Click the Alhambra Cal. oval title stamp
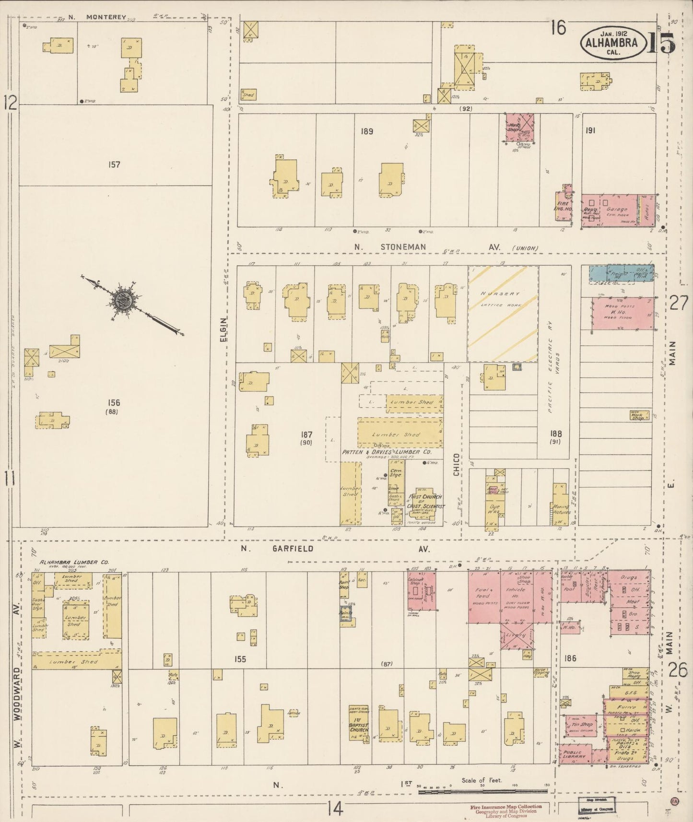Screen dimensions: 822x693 point(613,43)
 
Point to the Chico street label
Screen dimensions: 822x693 point(456,464)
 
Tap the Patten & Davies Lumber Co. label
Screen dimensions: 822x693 point(387,452)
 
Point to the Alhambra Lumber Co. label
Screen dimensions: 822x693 point(67,562)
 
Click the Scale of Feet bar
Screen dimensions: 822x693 point(484,792)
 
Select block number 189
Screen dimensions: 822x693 point(367,131)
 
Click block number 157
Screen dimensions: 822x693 point(114,165)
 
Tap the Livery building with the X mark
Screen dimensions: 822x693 point(516,636)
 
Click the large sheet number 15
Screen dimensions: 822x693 point(661,43)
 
